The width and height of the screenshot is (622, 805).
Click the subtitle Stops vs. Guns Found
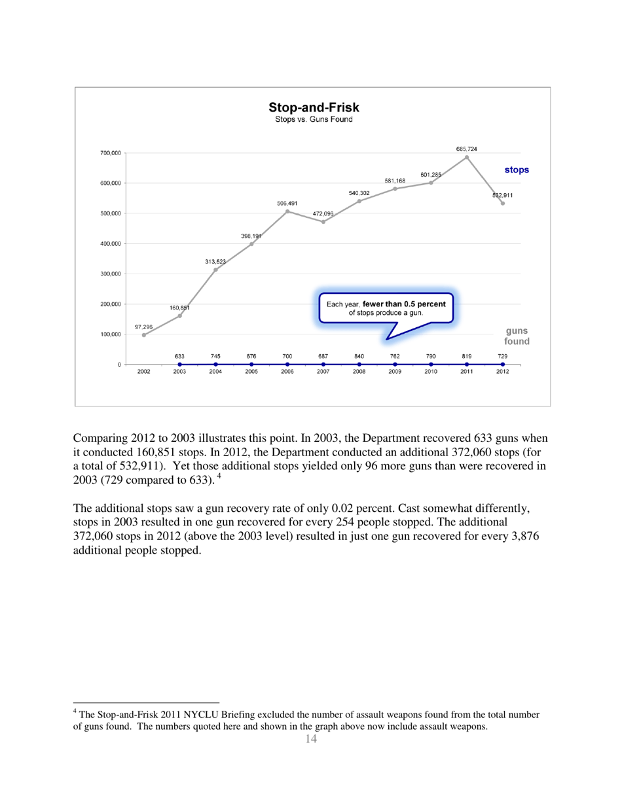313,120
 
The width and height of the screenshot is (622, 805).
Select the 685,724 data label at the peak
467,149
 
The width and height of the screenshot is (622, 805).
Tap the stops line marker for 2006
287,211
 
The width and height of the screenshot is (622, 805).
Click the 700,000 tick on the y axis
106,153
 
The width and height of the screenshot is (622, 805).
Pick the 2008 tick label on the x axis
359,371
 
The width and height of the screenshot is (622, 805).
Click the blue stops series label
517,170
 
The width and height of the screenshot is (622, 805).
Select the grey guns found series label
517,336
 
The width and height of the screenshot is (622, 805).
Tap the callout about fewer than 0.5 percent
386,308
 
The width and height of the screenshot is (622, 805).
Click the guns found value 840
359,356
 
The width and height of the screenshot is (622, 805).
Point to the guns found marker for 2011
467,364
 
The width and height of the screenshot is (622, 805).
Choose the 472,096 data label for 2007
323,214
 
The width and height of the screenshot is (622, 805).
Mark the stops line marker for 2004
215,270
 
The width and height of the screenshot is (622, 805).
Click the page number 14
311,739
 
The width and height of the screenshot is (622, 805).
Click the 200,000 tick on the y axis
106,304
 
